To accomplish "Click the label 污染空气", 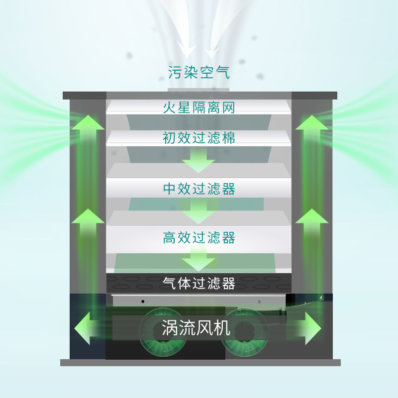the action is coord(199,73).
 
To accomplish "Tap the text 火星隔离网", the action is coord(199,107).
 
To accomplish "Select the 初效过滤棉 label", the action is coord(199,137).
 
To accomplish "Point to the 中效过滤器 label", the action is coord(199,189).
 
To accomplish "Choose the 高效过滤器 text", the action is coord(199,237).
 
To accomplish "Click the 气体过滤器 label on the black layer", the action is coord(199,283).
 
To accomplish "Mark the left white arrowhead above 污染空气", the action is coord(187,50).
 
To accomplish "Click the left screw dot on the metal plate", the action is coord(143,301).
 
